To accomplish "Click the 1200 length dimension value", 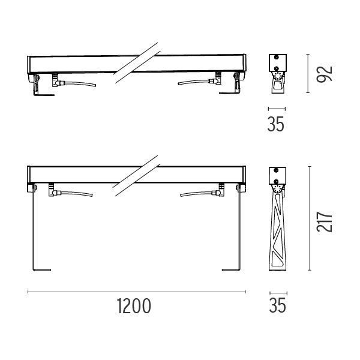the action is (134, 306).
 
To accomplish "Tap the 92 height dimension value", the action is (324, 74).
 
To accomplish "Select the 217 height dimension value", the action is (324, 222).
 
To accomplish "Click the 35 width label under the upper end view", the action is (276, 124).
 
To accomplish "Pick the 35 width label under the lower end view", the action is (278, 305).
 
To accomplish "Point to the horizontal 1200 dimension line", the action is (137, 292).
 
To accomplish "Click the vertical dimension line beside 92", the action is (308, 73).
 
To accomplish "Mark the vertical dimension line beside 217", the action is (310, 218).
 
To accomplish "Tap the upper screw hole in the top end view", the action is (277, 57).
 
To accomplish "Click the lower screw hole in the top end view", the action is (277, 68).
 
